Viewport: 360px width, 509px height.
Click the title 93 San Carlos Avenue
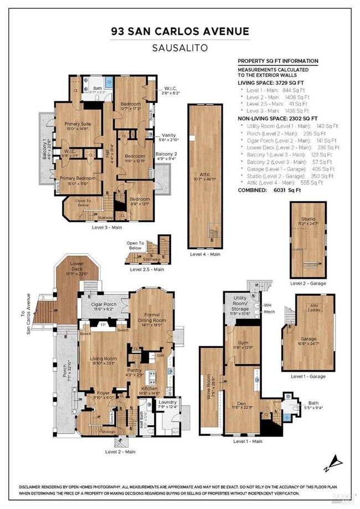coord(179,32)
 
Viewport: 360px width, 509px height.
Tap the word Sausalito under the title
coord(179,48)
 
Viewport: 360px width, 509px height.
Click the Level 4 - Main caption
coord(204,254)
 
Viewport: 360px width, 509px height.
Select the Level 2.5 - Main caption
coord(147,270)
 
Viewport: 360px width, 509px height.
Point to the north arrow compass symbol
coord(336,461)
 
